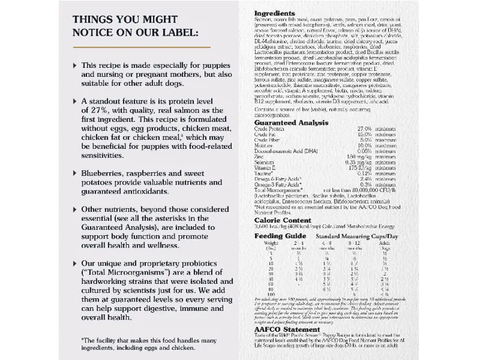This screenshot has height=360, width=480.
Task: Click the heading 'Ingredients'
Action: (274, 13)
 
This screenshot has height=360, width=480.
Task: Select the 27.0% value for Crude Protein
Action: (364, 129)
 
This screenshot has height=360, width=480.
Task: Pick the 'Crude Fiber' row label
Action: (268, 139)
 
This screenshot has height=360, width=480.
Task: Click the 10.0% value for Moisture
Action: (364, 145)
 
